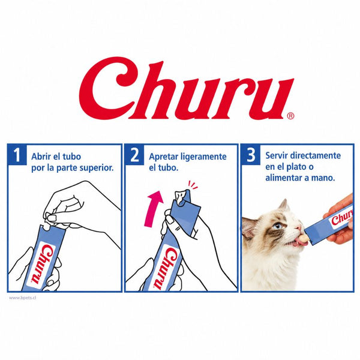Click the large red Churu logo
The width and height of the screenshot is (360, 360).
tap(186, 88)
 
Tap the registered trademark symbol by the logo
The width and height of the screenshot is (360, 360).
tap(290, 116)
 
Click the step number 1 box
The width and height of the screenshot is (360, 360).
tap(17, 154)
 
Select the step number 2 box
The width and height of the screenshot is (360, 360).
tap(134, 154)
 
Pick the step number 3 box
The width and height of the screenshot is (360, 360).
tap(251, 154)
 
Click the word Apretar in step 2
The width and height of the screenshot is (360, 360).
tap(163, 157)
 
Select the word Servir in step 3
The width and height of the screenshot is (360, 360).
tap(277, 155)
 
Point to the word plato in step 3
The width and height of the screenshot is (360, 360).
tap(295, 167)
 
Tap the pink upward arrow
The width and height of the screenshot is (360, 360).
tap(153, 208)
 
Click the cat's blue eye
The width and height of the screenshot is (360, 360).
tap(278, 226)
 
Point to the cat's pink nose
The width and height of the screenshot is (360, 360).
tap(298, 227)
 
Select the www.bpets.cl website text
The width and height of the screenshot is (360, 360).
tap(23, 298)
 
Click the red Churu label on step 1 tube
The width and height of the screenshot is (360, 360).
tap(43, 264)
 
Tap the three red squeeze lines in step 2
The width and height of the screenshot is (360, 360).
tap(193, 185)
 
